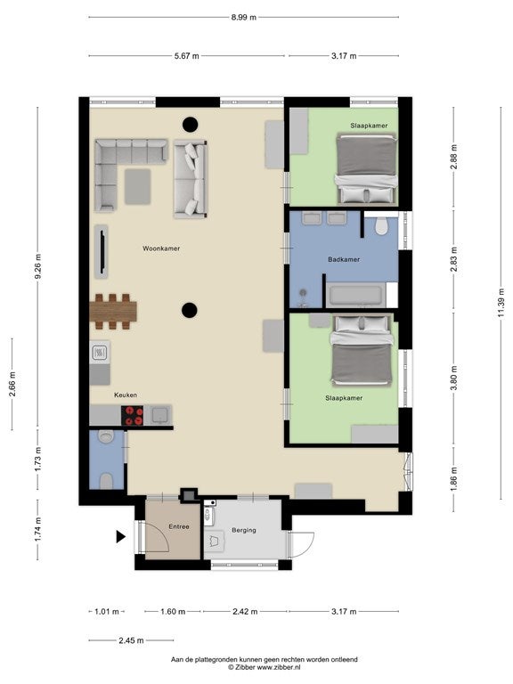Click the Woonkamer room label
coord(161,248)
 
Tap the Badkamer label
coord(344,259)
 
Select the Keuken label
coord(126,395)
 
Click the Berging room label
coord(244,530)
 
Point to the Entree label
coord(179,526)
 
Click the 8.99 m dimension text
coord(244,18)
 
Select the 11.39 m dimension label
coord(501,302)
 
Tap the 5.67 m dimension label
coord(187,56)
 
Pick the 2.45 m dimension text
coord(131,640)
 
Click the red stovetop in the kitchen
coord(132,415)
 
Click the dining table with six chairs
coord(113,312)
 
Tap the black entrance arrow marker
coord(121,536)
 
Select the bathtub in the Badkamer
coord(356,295)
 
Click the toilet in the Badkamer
coord(381,226)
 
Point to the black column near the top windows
coord(190,125)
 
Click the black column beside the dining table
coord(190,310)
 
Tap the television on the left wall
coord(102,252)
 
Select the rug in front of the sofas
coord(138,187)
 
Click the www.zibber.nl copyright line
coord(264,667)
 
